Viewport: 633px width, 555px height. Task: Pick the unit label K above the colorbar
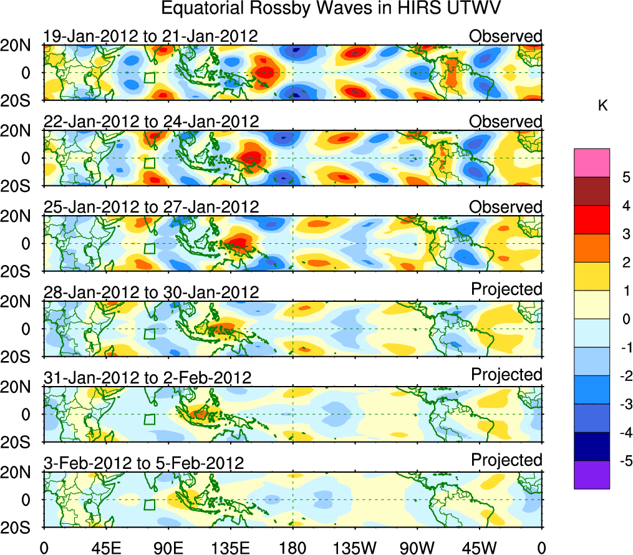tap(602, 106)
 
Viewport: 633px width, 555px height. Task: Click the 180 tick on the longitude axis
tap(292, 548)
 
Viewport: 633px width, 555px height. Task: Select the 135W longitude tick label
tap(355, 548)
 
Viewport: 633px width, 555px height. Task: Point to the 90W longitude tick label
tap(417, 548)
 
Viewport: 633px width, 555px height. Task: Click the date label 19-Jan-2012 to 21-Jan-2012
tap(150, 36)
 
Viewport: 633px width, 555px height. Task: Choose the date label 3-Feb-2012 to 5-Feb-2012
tap(143, 463)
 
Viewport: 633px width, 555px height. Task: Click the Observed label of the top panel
tap(506, 36)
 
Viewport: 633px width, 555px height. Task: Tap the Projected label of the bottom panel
tap(506, 460)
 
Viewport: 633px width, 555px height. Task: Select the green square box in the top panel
tap(149, 78)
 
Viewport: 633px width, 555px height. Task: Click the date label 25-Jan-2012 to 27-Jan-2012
tap(150, 206)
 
